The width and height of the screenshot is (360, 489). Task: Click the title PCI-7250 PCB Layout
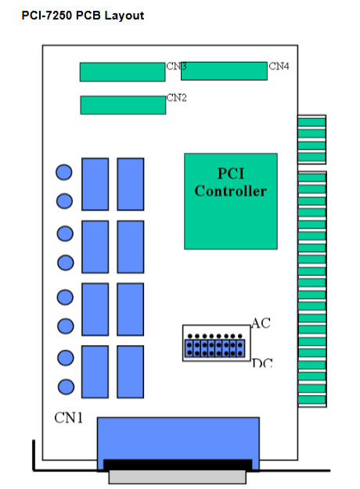tap(83, 16)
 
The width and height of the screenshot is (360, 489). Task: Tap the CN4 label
tap(279, 67)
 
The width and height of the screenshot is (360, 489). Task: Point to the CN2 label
tap(176, 98)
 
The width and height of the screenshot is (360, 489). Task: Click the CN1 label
tap(69, 418)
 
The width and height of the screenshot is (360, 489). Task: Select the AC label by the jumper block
tap(261, 323)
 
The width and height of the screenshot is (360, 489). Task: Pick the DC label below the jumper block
tap(262, 363)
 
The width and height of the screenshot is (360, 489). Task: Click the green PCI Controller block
tap(231, 201)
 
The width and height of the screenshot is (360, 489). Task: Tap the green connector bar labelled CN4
tap(224, 71)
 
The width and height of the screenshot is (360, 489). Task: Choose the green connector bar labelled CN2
tap(123, 105)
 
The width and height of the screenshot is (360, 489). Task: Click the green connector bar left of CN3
tap(122, 72)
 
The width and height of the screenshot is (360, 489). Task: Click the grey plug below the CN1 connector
tap(177, 476)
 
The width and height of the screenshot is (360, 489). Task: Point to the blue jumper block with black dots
tap(214, 348)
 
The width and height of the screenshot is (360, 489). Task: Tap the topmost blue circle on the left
tap(64, 172)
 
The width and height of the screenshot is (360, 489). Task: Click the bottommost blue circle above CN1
tap(66, 387)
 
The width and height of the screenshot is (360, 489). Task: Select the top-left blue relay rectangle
tap(95, 184)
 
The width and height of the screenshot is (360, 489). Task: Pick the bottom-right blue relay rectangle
tap(131, 372)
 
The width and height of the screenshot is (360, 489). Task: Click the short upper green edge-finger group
tap(311, 139)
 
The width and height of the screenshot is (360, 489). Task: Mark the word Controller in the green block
tap(231, 191)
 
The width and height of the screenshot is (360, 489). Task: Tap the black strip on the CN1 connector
tap(178, 465)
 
